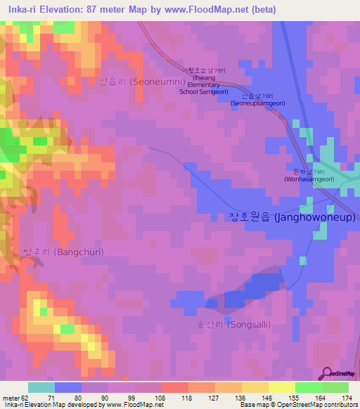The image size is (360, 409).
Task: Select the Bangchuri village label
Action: coord(63,252)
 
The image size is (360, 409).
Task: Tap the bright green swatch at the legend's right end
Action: coord(335,387)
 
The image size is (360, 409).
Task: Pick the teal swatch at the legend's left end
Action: coord(41,387)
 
